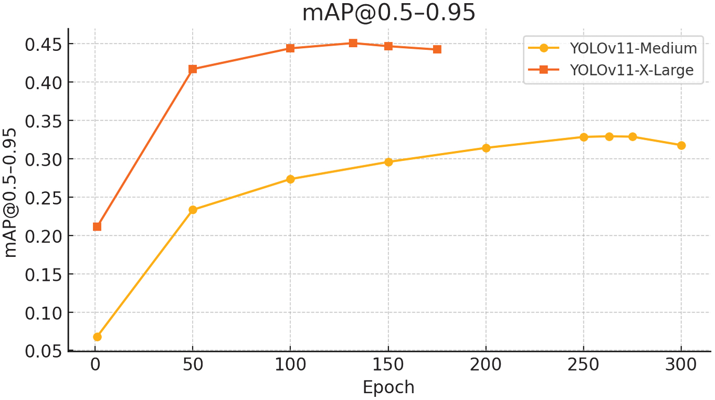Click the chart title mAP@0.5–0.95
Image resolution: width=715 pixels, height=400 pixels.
[388, 13]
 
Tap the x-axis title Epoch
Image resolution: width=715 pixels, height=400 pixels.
[388, 387]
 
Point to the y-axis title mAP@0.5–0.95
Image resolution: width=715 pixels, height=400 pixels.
[11, 192]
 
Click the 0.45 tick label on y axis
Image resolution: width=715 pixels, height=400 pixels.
[43, 44]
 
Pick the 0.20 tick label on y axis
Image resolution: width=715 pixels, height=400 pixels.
[43, 236]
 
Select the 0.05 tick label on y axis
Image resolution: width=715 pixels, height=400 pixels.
[43, 351]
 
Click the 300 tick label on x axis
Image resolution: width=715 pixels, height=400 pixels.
[681, 364]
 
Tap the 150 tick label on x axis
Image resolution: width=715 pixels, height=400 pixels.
[388, 364]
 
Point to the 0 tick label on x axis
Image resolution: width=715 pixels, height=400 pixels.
[95, 364]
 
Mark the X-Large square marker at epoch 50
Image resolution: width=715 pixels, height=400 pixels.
[193, 69]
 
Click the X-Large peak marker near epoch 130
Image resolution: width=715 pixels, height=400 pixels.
[353, 43]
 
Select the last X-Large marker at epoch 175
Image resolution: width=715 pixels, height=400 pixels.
[437, 49]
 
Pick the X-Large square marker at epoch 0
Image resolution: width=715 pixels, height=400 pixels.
[97, 226]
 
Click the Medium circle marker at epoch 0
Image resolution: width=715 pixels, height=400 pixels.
[97, 337]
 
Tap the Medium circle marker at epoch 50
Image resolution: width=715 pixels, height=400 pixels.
[193, 210]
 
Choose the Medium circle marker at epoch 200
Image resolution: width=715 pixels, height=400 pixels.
[486, 148]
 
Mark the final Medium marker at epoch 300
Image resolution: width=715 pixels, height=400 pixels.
[681, 145]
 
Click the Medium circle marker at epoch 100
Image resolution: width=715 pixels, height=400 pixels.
[290, 179]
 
